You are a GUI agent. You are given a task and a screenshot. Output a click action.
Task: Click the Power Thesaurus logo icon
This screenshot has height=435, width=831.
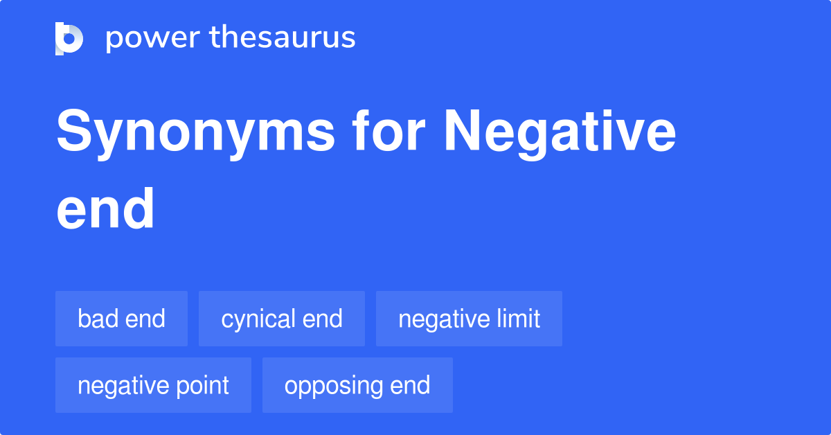(x=69, y=38)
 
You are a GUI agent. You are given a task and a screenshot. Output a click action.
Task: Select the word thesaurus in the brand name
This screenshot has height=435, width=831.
(x=283, y=38)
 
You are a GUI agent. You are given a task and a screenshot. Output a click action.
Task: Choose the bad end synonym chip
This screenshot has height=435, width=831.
(x=121, y=319)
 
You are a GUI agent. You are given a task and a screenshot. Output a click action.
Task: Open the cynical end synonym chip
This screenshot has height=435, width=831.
(x=281, y=319)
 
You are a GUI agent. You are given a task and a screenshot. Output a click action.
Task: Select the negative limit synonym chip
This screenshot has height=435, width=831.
(x=469, y=319)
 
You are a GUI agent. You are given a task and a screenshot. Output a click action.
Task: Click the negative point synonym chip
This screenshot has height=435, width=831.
(x=153, y=385)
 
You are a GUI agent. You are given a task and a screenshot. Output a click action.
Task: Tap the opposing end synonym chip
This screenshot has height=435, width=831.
(x=357, y=385)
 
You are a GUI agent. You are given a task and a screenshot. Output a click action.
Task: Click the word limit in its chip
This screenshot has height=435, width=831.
(x=519, y=319)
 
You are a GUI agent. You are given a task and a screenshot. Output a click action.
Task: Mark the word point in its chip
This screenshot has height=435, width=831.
(x=203, y=385)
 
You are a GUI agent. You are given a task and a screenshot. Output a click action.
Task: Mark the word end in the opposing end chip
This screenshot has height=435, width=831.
(x=410, y=385)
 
